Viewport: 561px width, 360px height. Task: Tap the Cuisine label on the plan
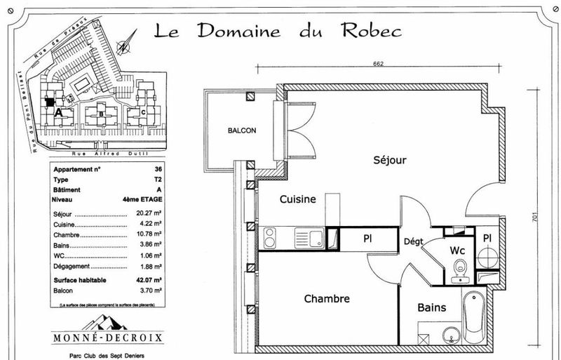click(x=297, y=199)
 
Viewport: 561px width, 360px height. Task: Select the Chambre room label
click(x=326, y=299)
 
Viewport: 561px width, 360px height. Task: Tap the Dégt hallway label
click(x=413, y=242)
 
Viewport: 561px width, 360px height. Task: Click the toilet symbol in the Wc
click(x=460, y=269)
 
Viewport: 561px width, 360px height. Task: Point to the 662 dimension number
click(x=378, y=64)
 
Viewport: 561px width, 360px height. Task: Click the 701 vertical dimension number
click(x=535, y=218)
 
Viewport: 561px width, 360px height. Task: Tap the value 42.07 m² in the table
click(x=149, y=280)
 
